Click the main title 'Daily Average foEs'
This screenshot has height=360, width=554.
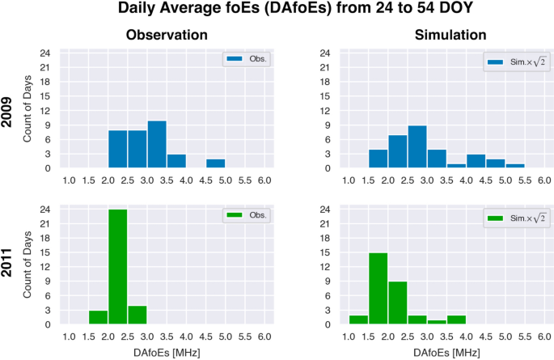[277, 11]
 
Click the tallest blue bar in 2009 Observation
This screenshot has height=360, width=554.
[157, 145]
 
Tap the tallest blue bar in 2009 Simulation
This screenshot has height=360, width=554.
[417, 147]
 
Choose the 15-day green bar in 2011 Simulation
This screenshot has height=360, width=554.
[378, 289]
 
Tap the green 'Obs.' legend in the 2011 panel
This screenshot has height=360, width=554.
[246, 217]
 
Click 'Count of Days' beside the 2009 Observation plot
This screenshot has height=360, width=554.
[28, 109]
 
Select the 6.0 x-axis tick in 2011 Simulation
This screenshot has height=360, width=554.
[543, 337]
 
